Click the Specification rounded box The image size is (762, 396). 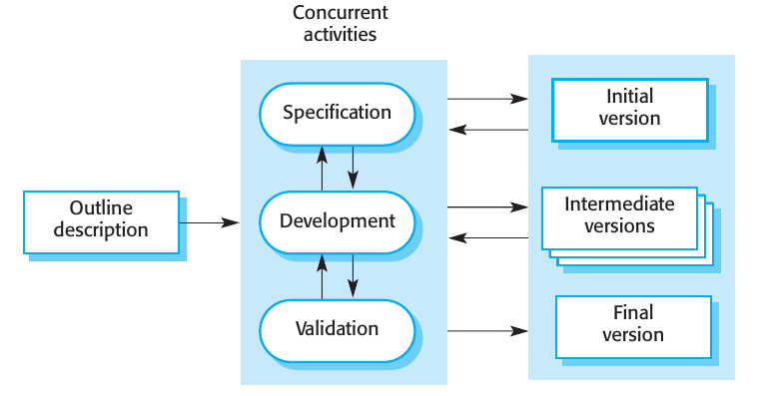point(337,112)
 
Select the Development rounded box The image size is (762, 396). point(337,220)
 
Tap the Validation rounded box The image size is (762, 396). point(337,328)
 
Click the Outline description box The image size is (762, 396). point(102,219)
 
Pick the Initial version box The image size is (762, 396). point(629,108)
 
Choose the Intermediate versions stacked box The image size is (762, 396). point(619,215)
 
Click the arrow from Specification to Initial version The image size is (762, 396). point(486,99)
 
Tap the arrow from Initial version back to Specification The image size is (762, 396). point(486,128)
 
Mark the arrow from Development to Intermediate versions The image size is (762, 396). point(486,207)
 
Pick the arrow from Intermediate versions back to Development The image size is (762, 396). point(486,237)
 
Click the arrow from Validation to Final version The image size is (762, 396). point(486,330)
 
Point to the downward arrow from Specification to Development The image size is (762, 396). point(353,166)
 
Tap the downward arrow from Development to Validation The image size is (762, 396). point(353,274)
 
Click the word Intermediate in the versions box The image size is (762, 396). point(619,204)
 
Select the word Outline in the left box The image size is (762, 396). point(101,208)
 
